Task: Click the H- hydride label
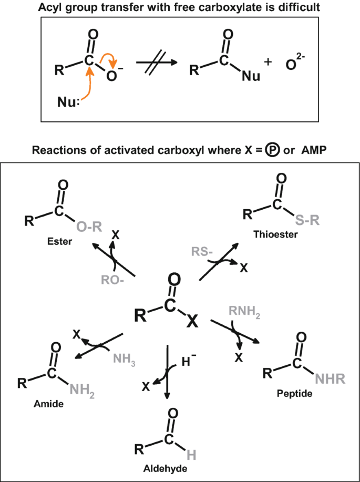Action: [190, 361]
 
